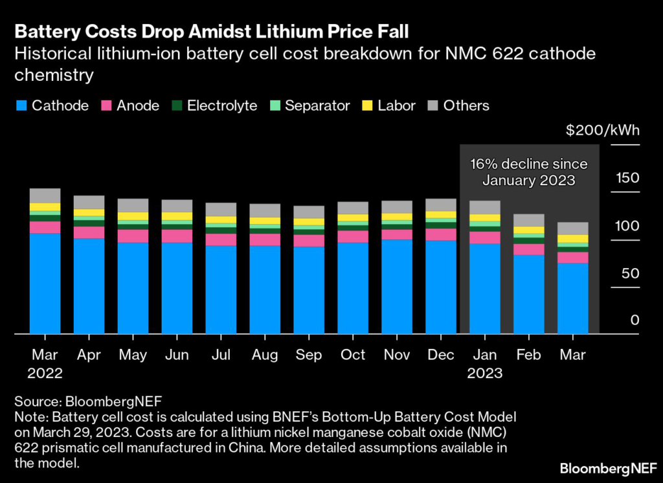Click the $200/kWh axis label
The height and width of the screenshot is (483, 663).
pos(602,130)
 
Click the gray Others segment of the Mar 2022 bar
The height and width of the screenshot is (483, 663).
pos(45,196)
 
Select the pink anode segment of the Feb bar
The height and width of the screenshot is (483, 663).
pos(528,249)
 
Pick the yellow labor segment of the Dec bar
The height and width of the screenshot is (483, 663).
pos(440,215)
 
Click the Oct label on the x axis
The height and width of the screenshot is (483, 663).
pos(353,355)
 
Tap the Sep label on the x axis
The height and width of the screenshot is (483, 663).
pos(309,355)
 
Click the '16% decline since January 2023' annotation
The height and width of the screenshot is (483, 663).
pos(528,172)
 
